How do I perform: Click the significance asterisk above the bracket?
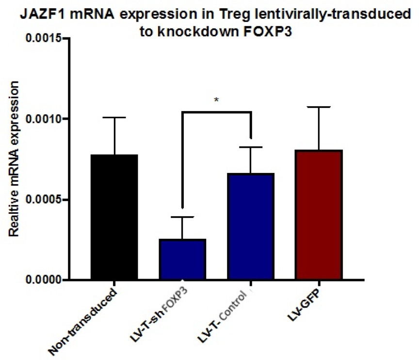216,100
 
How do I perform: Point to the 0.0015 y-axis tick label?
44,38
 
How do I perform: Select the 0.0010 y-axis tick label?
44,119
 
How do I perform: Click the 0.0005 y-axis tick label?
44,200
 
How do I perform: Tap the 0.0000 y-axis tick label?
44,280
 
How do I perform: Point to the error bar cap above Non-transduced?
114,117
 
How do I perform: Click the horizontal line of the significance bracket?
216,112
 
